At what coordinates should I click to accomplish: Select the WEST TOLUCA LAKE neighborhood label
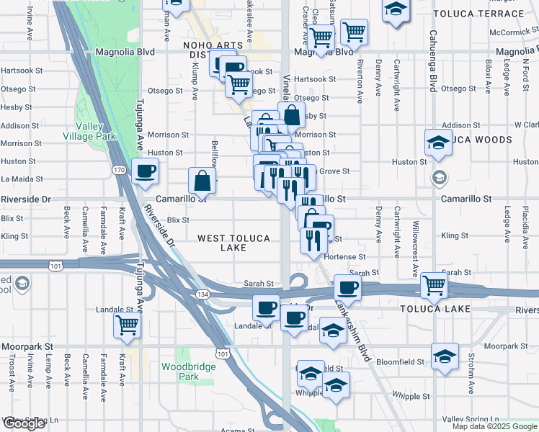click(233, 243)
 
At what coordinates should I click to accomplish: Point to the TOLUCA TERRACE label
click(473, 13)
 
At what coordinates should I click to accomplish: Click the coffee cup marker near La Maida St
click(146, 171)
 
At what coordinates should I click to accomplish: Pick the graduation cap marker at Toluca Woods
click(438, 142)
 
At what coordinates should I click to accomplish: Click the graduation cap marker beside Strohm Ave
click(445, 356)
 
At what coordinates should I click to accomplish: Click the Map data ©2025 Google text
click(494, 426)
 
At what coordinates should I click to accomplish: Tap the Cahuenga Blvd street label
click(434, 64)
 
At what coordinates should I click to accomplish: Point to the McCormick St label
click(513, 32)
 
